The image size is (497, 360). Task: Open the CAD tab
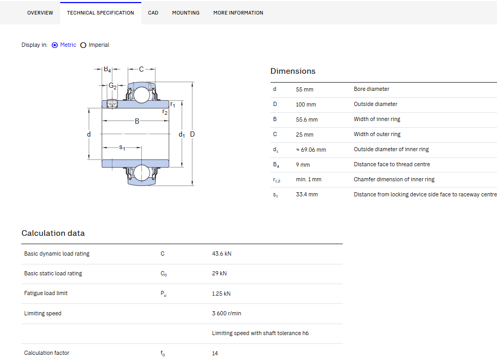pos(153,12)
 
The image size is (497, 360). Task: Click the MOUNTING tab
pos(186,12)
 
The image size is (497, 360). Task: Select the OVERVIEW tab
pos(41,12)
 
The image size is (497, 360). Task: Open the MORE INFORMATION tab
pos(238,12)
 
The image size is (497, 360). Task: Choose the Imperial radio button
pos(84,45)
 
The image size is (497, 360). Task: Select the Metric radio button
pos(55,45)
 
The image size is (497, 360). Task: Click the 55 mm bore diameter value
pos(305,89)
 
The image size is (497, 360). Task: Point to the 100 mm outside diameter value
pos(306,104)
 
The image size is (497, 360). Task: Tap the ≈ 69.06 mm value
pos(311,150)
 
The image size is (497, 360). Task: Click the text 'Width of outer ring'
pos(377,134)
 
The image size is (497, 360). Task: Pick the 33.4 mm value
pos(307,194)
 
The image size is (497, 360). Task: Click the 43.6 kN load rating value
pos(222,254)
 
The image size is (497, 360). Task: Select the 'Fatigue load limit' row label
pos(46,294)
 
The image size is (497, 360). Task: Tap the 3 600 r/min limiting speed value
pos(226,313)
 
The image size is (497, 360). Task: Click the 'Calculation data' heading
pos(53,233)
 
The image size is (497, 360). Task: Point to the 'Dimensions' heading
pos(293,71)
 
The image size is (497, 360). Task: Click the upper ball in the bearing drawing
pos(141,95)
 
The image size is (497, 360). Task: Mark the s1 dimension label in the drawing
pos(122,147)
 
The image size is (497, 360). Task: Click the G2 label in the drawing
pos(113,86)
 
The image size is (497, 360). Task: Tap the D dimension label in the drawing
pos(192,134)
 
